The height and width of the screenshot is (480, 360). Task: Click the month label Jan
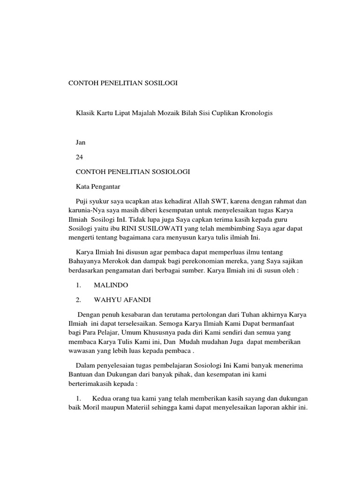81,142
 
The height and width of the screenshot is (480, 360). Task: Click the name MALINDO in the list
111,285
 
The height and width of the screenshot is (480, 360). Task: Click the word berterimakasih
91,383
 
